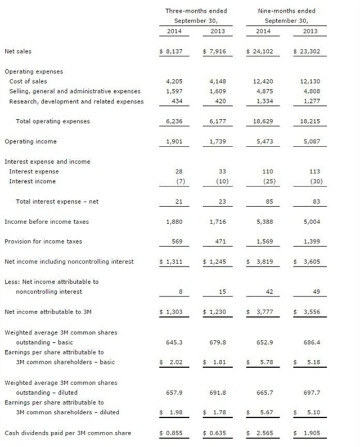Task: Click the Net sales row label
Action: [18, 52]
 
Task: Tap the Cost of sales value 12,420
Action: [259, 81]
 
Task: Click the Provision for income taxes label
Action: [43, 242]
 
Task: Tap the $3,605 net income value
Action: [305, 262]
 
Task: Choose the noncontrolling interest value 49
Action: [313, 292]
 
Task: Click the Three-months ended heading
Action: [189, 11]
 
